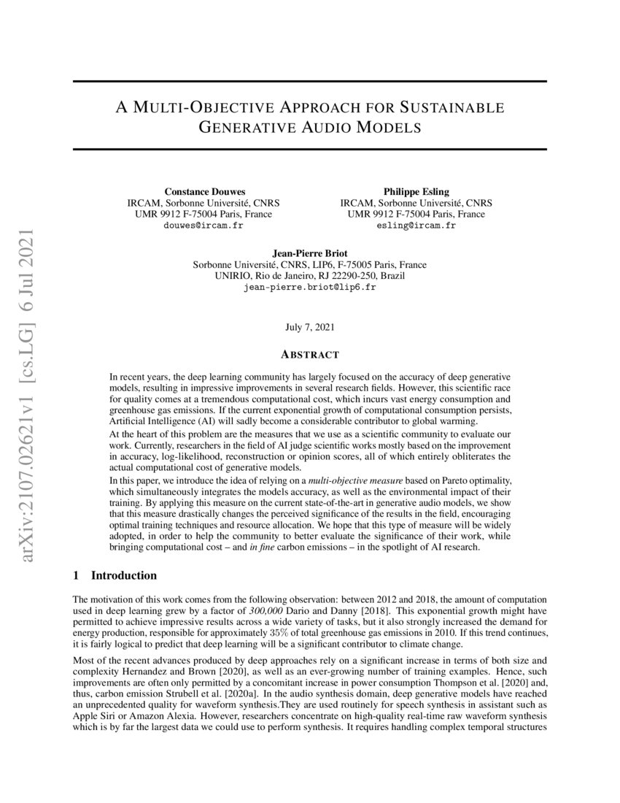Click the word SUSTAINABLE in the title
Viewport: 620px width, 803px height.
pyautogui.click(x=451, y=108)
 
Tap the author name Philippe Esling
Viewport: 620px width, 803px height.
pyautogui.click(x=416, y=191)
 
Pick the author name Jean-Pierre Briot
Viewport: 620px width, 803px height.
pyautogui.click(x=309, y=253)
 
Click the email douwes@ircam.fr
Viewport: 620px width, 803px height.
pyautogui.click(x=203, y=226)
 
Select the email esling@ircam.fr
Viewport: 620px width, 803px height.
pyautogui.click(x=416, y=226)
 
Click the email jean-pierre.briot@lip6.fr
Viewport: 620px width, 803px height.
pyautogui.click(x=309, y=288)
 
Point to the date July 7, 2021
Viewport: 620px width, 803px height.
pyautogui.click(x=309, y=328)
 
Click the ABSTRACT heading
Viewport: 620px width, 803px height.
pyautogui.click(x=309, y=355)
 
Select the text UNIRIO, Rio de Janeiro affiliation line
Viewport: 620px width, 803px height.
pyautogui.click(x=309, y=277)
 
